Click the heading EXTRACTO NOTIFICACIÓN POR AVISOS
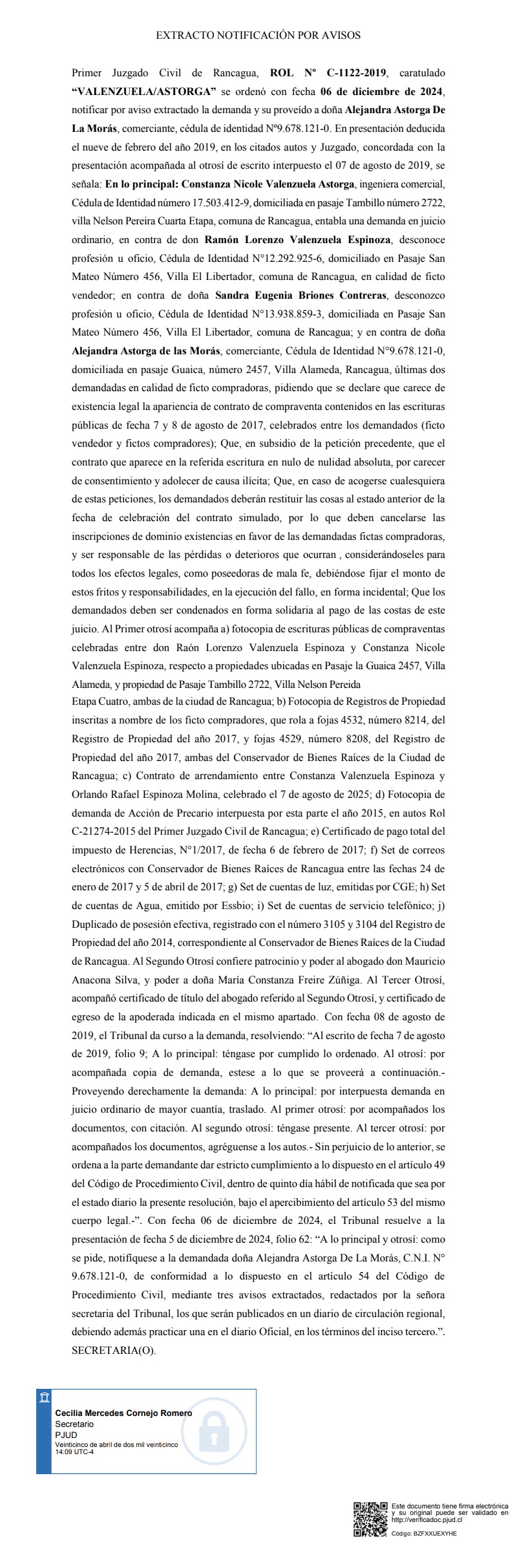(258, 36)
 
